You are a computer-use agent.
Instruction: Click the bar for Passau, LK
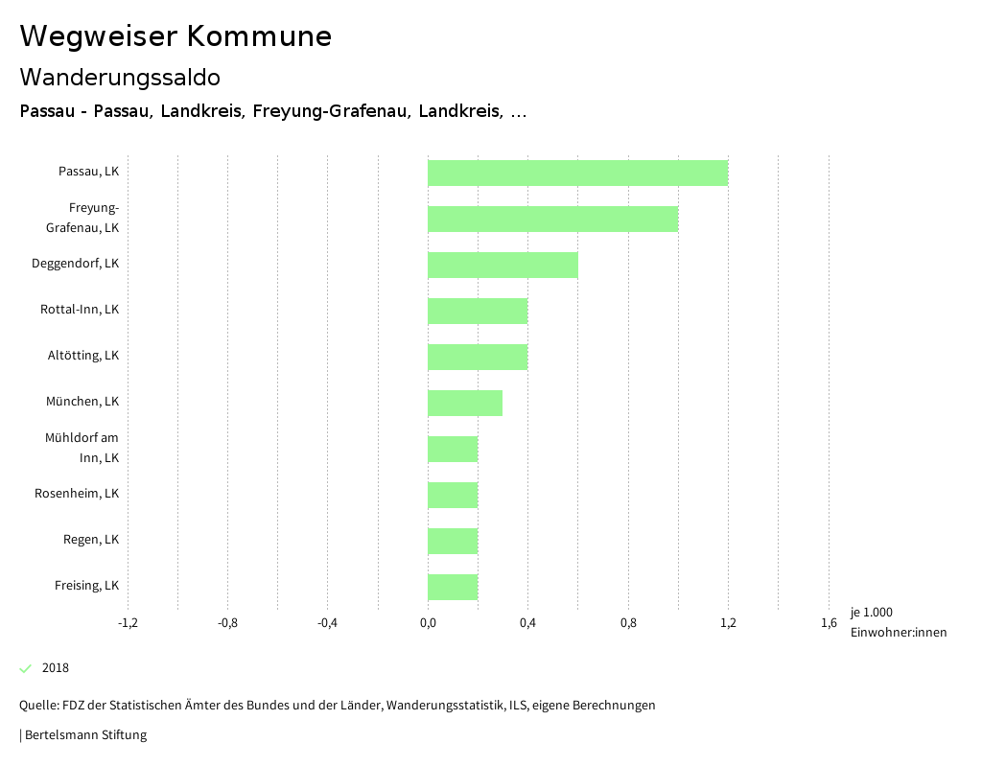click(x=577, y=173)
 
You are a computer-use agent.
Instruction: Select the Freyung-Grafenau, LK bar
click(x=552, y=219)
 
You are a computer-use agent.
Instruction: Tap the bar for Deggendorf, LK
click(x=503, y=265)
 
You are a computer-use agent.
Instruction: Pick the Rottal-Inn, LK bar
click(x=478, y=311)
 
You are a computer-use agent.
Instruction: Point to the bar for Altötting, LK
click(x=478, y=357)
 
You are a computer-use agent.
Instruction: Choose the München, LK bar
click(x=465, y=403)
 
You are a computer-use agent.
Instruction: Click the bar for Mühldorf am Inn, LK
click(x=453, y=449)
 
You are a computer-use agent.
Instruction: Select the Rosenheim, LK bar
click(x=453, y=495)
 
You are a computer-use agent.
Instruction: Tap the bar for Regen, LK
click(x=453, y=541)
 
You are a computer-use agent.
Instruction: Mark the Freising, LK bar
click(x=453, y=587)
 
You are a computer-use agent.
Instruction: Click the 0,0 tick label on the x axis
click(x=428, y=623)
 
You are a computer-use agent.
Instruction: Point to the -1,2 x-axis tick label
click(x=128, y=623)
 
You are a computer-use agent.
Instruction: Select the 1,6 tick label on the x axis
click(x=829, y=623)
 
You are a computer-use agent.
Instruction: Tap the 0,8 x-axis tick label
click(x=628, y=623)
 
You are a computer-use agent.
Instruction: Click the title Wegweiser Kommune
click(x=175, y=36)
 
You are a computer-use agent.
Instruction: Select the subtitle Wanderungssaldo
click(x=120, y=77)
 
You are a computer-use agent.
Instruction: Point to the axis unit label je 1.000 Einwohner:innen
click(x=898, y=622)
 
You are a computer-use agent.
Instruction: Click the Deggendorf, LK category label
click(x=75, y=264)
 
